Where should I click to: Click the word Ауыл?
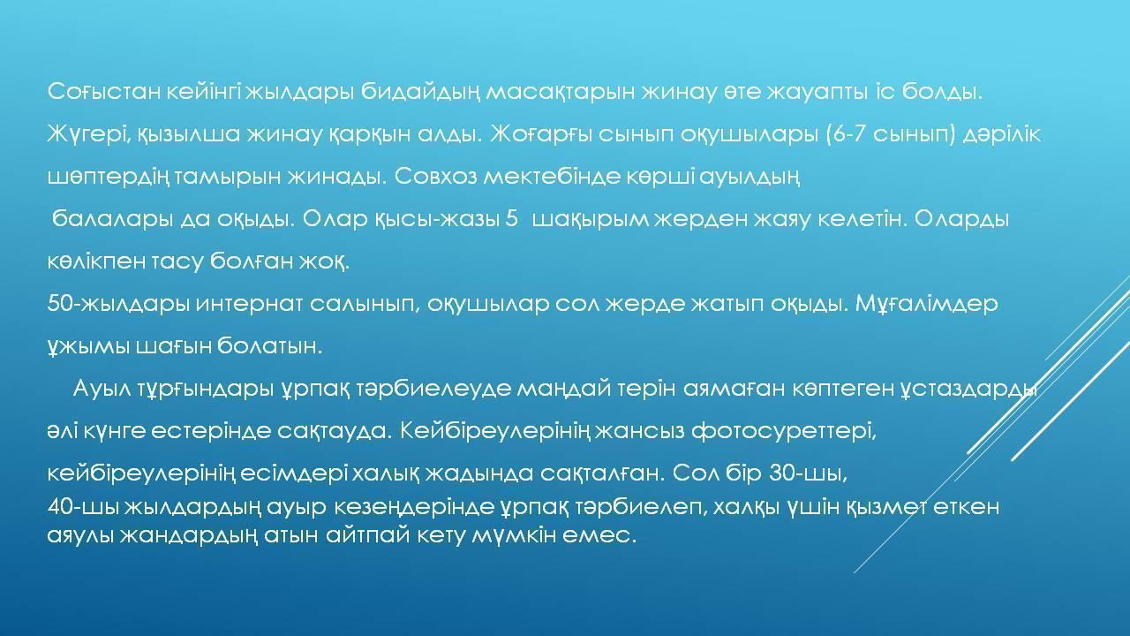[x=100, y=389]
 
